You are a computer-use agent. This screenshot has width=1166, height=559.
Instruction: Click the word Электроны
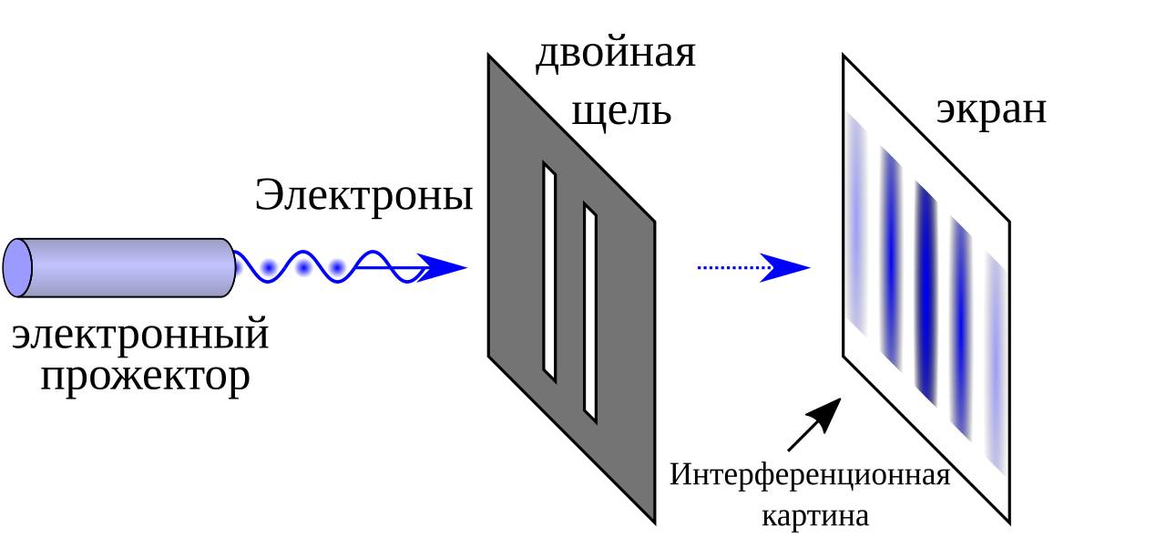coord(363,195)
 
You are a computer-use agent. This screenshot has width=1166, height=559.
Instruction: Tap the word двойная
coord(615,53)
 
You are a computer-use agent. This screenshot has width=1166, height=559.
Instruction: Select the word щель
coord(621,111)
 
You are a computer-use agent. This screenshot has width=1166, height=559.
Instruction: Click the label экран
coord(991,109)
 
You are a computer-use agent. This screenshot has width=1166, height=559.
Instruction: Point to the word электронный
coord(140,335)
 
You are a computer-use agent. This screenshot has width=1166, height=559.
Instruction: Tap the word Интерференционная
coord(810,475)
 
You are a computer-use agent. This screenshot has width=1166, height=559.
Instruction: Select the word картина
coord(814,516)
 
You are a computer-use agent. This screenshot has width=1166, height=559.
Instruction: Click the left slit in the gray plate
coord(549,271)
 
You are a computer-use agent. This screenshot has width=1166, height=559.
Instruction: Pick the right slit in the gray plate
coord(590,313)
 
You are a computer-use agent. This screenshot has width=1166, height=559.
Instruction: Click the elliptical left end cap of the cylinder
coord(17,267)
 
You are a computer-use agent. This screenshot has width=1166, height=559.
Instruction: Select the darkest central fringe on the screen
coord(927,292)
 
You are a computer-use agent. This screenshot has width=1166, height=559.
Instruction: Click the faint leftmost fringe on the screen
coord(856,223)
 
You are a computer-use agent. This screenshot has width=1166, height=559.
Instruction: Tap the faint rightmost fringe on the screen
coord(997,365)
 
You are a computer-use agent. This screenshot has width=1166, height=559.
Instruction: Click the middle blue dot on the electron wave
coord(303,268)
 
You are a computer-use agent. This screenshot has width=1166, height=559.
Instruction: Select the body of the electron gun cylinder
coord(128,267)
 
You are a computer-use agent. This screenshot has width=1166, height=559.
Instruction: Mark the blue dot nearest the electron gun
coord(269,268)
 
